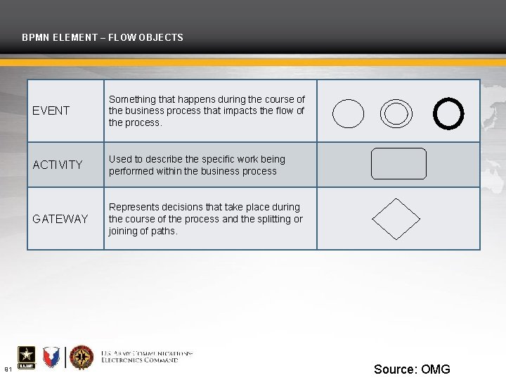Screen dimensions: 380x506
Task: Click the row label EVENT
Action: (51, 110)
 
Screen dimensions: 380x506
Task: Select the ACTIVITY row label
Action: (58, 165)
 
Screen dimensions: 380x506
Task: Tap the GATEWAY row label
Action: (60, 219)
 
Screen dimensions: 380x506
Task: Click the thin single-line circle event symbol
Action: (348, 113)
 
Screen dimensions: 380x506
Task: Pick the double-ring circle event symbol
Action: (396, 113)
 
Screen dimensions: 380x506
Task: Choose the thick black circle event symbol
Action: (448, 113)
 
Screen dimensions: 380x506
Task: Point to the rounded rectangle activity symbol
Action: (398, 164)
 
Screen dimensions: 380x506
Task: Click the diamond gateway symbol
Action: (396, 219)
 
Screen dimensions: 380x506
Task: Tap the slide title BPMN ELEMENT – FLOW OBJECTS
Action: (103, 37)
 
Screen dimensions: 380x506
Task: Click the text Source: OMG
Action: (412, 369)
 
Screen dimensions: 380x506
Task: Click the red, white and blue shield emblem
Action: (51, 357)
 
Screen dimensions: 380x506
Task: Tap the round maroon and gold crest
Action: (82, 357)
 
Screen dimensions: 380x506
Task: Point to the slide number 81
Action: (8, 369)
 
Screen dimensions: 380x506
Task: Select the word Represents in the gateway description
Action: (134, 207)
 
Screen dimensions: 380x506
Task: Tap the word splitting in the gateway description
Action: (274, 219)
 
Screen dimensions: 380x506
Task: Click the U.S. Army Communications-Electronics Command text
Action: (146, 356)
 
